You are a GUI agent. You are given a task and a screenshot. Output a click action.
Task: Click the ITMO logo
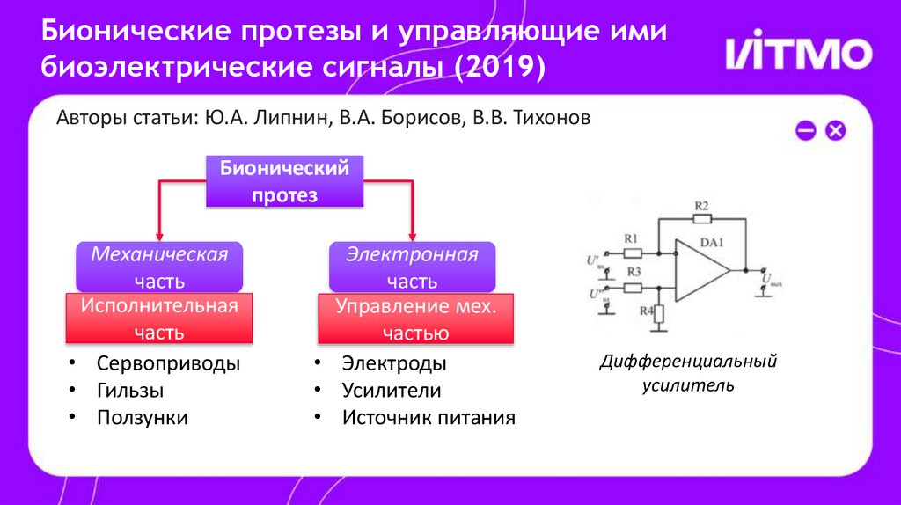click(x=798, y=53)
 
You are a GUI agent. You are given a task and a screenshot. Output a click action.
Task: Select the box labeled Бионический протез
click(x=284, y=182)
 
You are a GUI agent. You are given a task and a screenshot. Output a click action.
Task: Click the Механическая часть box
click(x=159, y=267)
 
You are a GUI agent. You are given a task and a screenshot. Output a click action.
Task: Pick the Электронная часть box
click(x=411, y=267)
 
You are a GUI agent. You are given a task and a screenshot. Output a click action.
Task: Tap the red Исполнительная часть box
click(x=159, y=319)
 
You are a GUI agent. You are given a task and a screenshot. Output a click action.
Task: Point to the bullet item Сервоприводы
click(x=168, y=363)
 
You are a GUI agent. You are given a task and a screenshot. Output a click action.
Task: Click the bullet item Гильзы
click(x=130, y=391)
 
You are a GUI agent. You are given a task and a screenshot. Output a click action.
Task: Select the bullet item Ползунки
click(x=142, y=418)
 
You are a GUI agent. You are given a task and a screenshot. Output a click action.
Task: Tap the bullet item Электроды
click(x=393, y=363)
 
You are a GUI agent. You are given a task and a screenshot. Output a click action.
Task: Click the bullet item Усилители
click(x=392, y=391)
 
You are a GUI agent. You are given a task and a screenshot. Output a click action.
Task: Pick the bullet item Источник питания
click(x=429, y=418)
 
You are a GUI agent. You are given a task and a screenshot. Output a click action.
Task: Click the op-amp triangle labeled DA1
click(x=700, y=268)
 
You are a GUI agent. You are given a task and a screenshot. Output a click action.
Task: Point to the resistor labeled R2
click(x=701, y=218)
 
